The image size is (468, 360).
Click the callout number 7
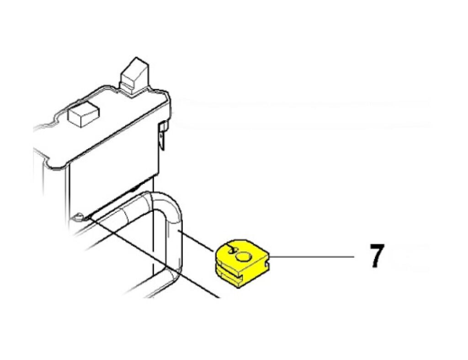coord(377,256)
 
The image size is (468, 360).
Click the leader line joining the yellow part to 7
coord(312,257)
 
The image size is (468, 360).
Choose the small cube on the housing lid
coord(84,114)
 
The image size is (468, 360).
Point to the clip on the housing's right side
coord(162,134)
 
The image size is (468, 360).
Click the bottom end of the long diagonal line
coord(219,297)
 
